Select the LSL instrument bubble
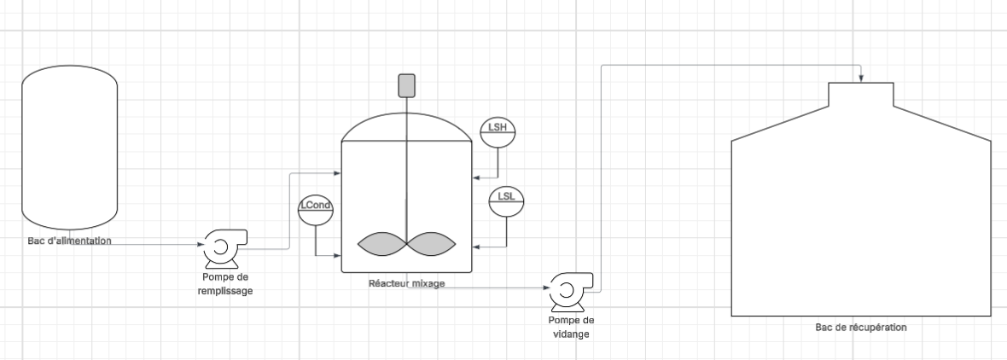click(505, 200)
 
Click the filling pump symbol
click(223, 248)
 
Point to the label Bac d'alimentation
click(69, 241)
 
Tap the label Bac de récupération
click(861, 328)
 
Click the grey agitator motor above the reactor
click(406, 85)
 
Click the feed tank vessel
click(69, 149)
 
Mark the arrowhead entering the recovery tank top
click(862, 78)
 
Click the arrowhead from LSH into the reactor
click(475, 177)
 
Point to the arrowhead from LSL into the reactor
click(475, 247)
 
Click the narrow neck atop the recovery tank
click(861, 93)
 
